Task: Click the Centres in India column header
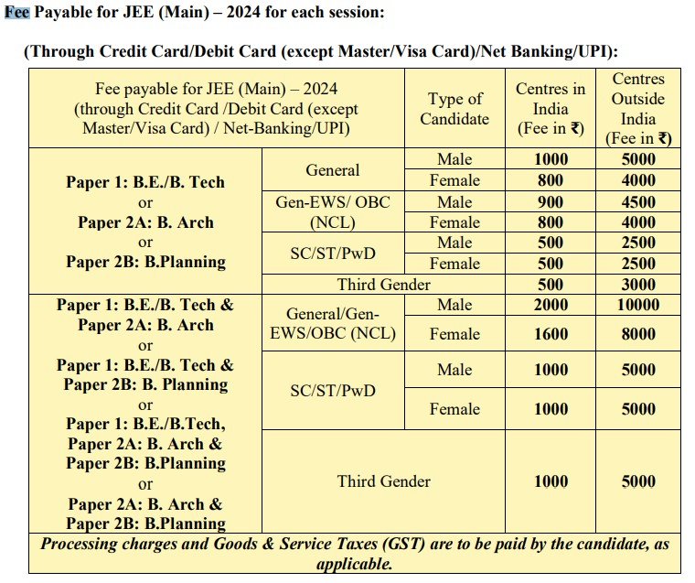551,109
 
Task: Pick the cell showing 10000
637,305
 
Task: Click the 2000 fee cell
551,305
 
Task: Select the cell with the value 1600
551,334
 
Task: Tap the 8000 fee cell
637,334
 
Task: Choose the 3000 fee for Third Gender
637,284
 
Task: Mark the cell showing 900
551,201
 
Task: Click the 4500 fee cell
637,201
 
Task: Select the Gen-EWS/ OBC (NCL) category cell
333,211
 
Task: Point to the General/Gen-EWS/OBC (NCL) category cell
333,324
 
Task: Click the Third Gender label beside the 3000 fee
383,284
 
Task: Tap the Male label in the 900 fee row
454,201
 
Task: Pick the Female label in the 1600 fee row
454,334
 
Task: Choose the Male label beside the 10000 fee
454,305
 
